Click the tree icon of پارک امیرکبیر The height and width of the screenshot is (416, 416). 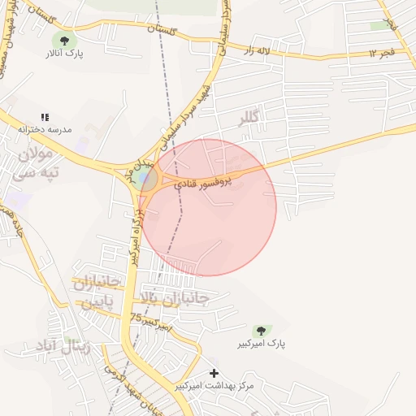click(260, 331)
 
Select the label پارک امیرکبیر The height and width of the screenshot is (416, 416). click(264, 344)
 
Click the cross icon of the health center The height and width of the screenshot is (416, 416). click(214, 372)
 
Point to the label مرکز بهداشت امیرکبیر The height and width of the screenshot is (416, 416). click(214, 385)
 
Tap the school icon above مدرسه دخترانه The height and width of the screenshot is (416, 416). click(45, 118)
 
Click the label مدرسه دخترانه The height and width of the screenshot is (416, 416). click(45, 130)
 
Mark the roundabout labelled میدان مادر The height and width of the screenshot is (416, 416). click(145, 178)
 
